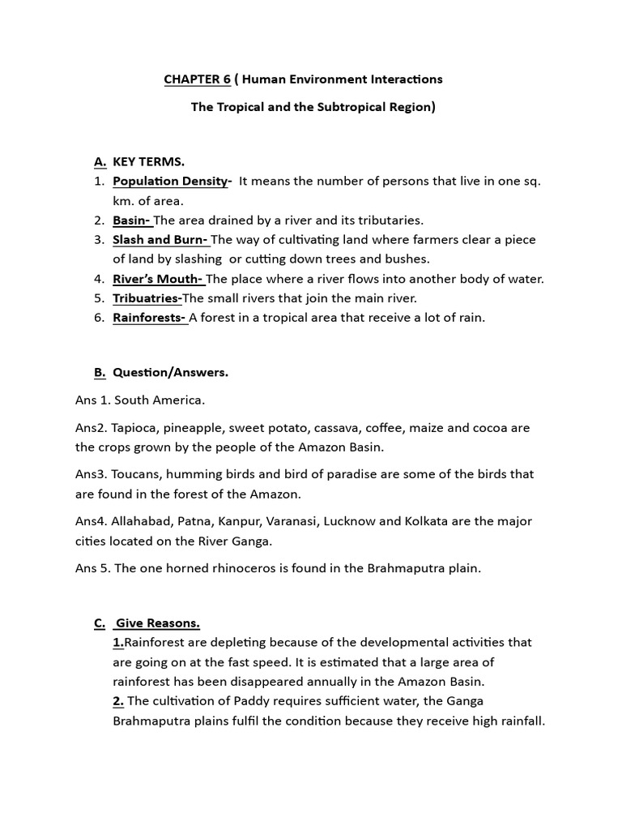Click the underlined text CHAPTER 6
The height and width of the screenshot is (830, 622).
197,79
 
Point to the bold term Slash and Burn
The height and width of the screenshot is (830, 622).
160,240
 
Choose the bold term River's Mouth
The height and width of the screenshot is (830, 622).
158,279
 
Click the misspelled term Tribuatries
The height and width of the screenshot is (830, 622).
147,298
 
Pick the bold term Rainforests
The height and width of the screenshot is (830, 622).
150,318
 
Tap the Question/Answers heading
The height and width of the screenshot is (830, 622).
170,373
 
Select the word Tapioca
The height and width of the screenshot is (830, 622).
134,428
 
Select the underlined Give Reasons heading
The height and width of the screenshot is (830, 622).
157,623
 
